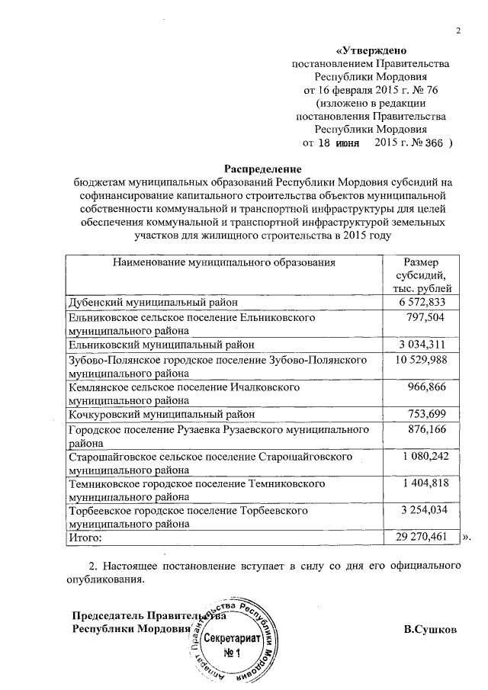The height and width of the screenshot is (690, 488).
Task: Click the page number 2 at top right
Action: pos(458,30)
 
